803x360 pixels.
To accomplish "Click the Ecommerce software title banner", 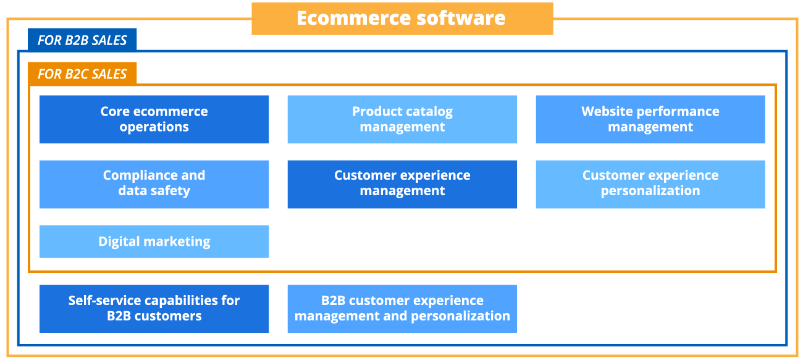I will tap(401, 19).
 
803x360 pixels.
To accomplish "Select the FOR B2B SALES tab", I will tap(82, 40).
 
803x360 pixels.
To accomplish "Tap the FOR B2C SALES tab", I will tap(82, 74).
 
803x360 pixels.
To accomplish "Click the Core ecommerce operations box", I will tap(154, 119).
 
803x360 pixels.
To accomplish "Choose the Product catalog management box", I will tap(402, 119).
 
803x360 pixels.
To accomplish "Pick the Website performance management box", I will tap(650, 119).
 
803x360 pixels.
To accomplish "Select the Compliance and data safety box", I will tap(154, 183).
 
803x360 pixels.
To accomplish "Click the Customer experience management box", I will tap(402, 183).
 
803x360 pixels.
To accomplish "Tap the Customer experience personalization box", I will tap(650, 183).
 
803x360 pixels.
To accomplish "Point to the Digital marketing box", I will tap(154, 241).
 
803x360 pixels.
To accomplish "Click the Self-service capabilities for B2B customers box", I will tap(154, 308).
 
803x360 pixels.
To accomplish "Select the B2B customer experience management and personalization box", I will tap(402, 308).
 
